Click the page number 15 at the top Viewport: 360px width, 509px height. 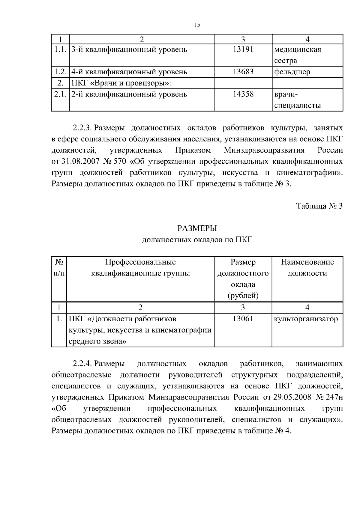tap(197, 25)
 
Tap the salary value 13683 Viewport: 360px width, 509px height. tap(243, 72)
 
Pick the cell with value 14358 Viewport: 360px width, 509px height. tap(243, 94)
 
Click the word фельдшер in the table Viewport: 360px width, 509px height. tap(292, 72)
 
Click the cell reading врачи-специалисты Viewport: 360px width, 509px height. tap(297, 100)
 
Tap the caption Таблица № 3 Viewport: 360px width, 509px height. tap(319, 206)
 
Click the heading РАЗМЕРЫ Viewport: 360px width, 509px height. tap(197, 228)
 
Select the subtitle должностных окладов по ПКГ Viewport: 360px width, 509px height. tap(197, 240)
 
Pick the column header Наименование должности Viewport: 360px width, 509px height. tap(307, 268)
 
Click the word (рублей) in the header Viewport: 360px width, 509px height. tap(243, 296)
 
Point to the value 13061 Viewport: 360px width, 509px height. tap(243, 319)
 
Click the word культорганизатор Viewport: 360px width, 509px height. tap(306, 319)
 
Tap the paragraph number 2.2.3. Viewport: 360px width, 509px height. tap(82, 128)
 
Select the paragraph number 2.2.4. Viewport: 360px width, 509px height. tap(82, 364)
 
